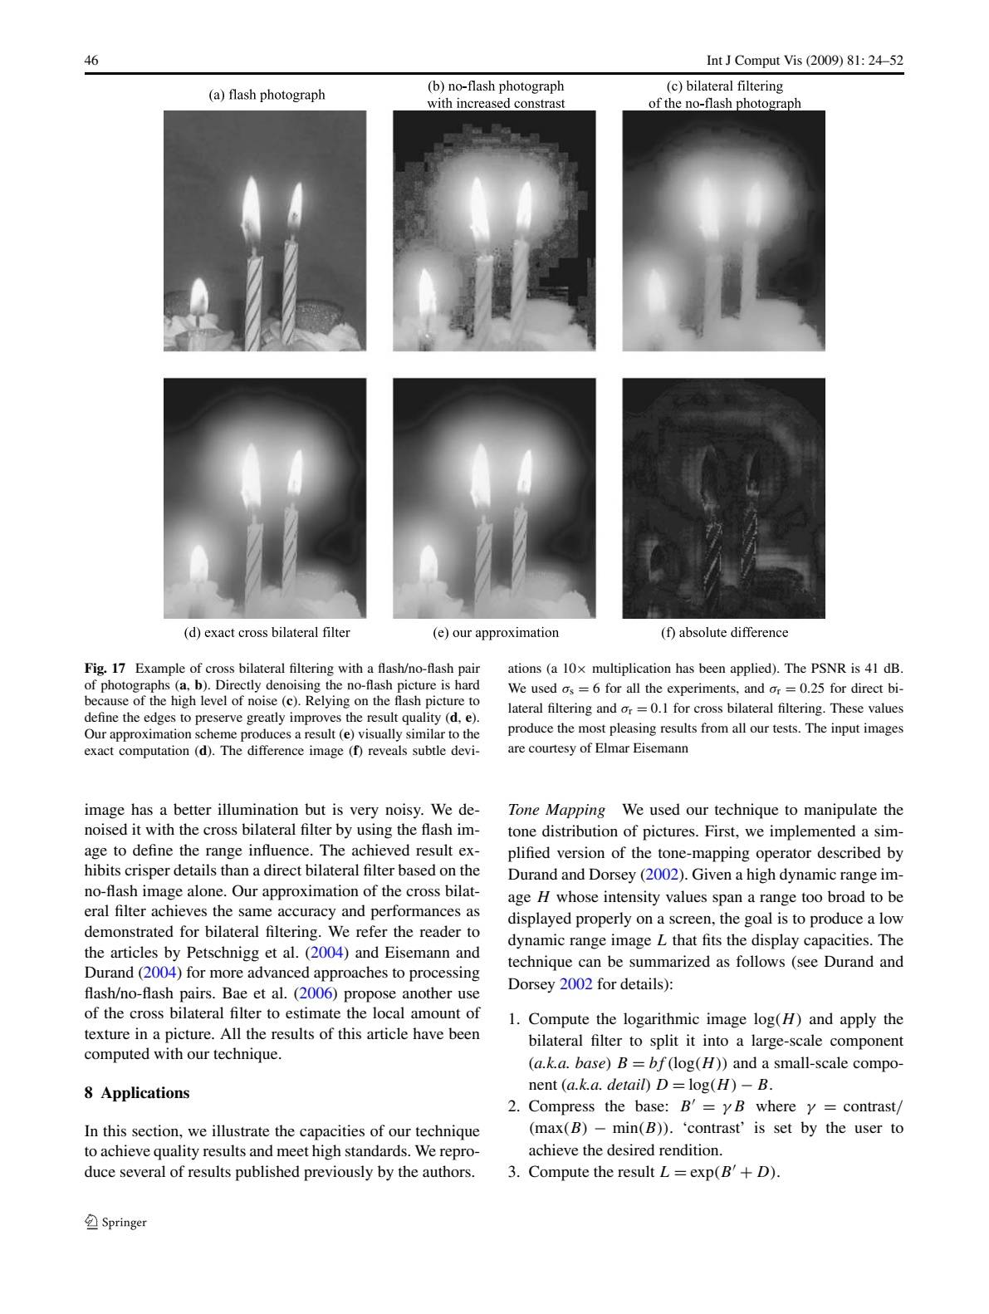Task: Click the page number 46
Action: (91, 61)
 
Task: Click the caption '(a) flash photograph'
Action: (267, 95)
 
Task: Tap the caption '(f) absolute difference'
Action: (724, 632)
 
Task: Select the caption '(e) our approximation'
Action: (496, 632)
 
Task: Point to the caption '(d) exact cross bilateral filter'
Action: (267, 632)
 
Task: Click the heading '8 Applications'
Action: (137, 1092)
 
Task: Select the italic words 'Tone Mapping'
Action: (556, 810)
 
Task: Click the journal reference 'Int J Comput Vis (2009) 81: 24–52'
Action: (804, 61)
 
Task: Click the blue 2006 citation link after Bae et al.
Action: (315, 993)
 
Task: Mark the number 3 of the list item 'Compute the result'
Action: (513, 1172)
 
